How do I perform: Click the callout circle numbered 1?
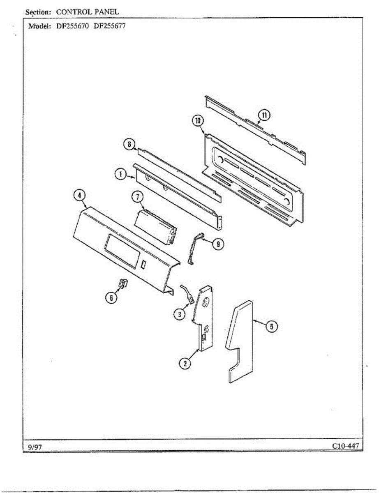coord(120,175)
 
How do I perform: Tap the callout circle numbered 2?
coord(185,363)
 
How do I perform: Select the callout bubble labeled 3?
coord(179,315)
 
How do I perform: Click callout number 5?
coord(271,327)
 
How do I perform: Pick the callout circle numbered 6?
coord(110,298)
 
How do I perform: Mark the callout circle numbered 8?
coord(129,144)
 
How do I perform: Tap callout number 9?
coord(218,244)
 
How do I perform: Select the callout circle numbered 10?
coord(198,121)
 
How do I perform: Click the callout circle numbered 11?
coord(263,115)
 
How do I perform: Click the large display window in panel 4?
coord(121,251)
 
